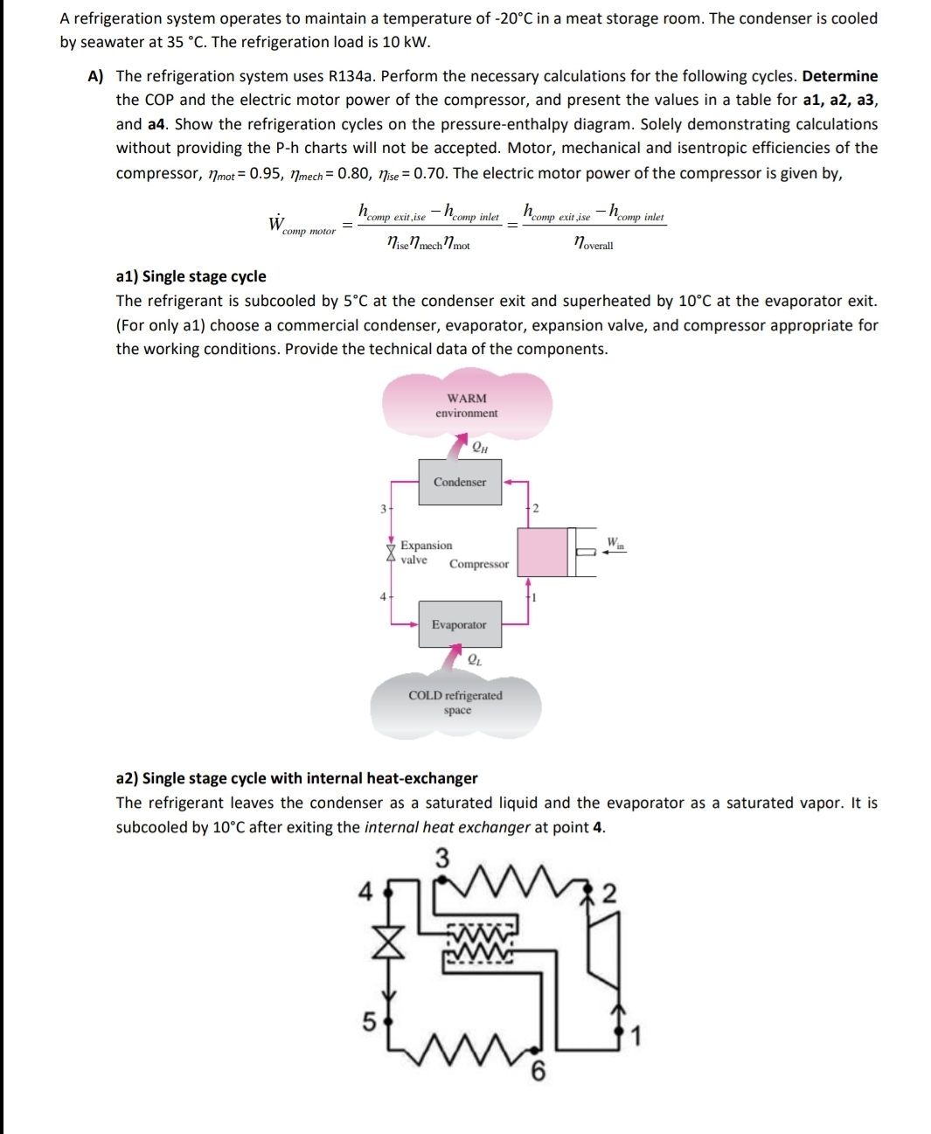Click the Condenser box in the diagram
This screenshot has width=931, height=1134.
click(x=461, y=482)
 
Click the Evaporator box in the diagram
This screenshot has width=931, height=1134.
click(x=460, y=624)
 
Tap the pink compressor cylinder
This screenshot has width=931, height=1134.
click(x=542, y=552)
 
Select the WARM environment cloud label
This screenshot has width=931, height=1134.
click(x=467, y=406)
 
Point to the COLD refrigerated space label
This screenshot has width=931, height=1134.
click(x=455, y=703)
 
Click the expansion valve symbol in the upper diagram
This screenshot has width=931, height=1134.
click(x=391, y=552)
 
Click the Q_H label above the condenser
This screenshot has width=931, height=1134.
click(x=479, y=448)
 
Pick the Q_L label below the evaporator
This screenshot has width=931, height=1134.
click(x=474, y=660)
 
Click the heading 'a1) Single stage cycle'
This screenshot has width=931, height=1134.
click(x=191, y=276)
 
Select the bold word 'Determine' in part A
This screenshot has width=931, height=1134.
click(x=839, y=76)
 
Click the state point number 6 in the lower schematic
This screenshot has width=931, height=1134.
click(x=538, y=1071)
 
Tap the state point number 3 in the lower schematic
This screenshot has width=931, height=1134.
click(x=442, y=859)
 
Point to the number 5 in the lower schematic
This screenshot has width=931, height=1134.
click(x=369, y=1020)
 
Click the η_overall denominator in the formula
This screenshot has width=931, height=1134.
click(x=593, y=245)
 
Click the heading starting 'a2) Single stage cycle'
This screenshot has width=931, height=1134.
click(x=297, y=778)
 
